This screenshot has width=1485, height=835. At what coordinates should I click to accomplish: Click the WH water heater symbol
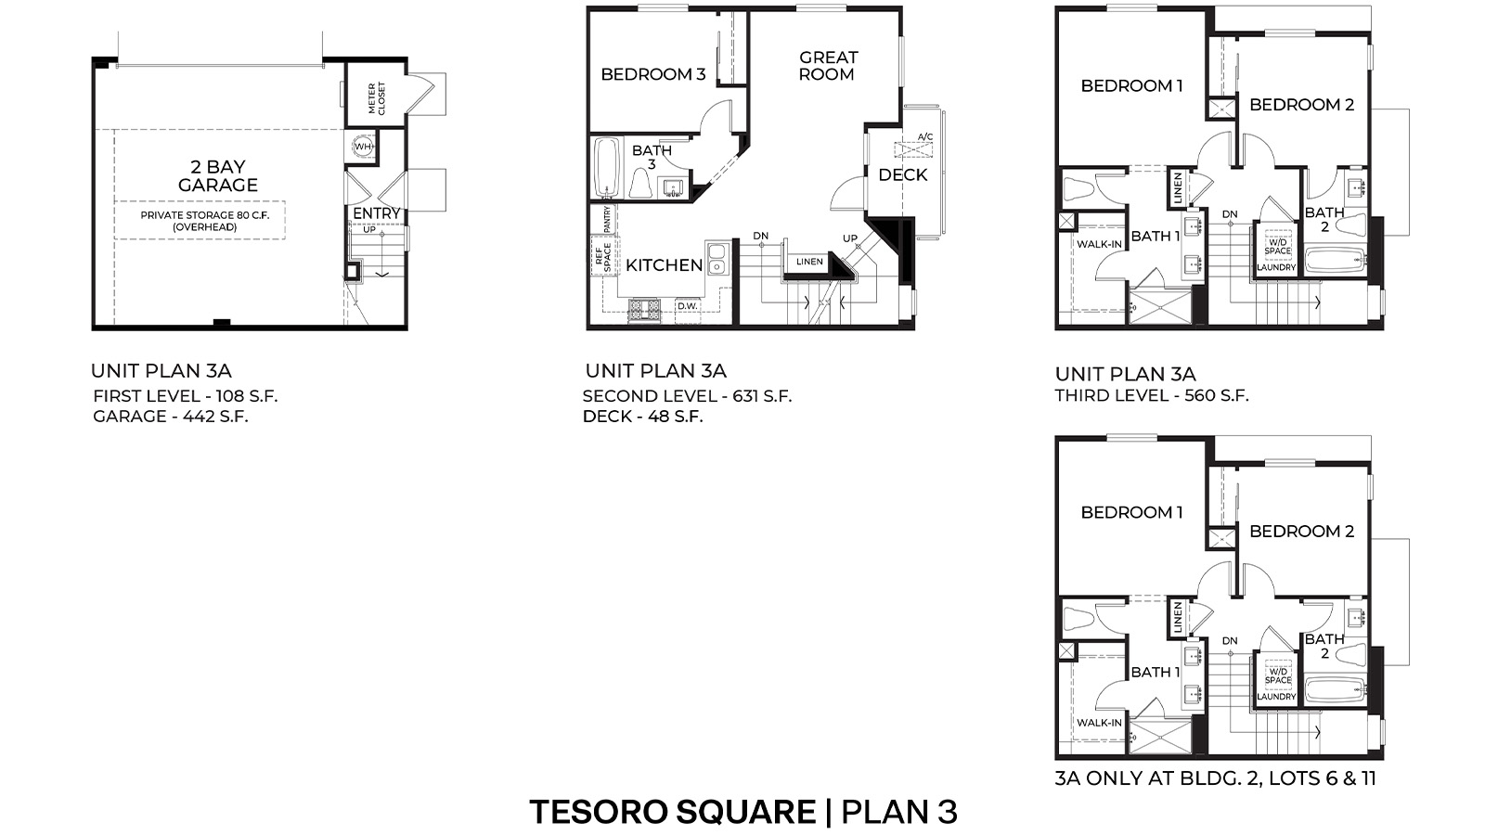(x=362, y=147)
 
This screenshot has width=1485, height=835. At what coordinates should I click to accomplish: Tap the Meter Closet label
(x=377, y=98)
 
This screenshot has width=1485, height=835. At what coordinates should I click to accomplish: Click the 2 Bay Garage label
(x=218, y=175)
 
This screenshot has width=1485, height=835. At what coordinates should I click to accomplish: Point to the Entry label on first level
(x=376, y=213)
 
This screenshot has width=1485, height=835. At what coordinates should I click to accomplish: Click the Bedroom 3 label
(x=652, y=74)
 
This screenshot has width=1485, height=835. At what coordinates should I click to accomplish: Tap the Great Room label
(x=828, y=66)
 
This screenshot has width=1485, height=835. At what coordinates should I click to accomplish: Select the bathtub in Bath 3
(x=607, y=168)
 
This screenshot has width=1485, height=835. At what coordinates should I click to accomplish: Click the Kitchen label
(x=664, y=265)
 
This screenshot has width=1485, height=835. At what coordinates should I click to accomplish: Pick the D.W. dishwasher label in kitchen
(x=687, y=306)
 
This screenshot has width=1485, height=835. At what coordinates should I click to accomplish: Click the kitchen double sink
(x=716, y=258)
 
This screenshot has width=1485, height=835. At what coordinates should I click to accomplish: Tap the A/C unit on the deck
(x=913, y=148)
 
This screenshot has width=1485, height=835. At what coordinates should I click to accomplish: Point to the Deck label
(x=902, y=175)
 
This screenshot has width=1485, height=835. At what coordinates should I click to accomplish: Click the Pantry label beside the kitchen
(x=607, y=219)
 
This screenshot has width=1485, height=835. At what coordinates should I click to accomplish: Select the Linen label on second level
(x=809, y=263)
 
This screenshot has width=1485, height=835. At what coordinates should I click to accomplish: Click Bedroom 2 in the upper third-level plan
(x=1301, y=105)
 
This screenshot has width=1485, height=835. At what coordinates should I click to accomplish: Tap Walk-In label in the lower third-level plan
(x=1099, y=723)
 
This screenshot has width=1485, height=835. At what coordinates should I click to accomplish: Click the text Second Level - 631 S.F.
(x=687, y=396)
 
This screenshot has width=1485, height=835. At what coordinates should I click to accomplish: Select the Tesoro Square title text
(x=672, y=813)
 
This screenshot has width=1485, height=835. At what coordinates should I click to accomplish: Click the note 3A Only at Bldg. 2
(x=1215, y=778)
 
